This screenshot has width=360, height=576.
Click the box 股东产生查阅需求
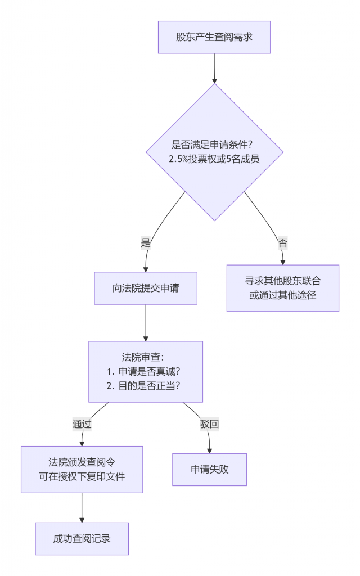coord(214,37)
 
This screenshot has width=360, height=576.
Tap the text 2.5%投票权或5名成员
coord(214,159)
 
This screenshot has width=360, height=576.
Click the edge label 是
coord(146,243)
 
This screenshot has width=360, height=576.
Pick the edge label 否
coord(282,243)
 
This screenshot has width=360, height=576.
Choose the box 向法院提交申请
coord(146,289)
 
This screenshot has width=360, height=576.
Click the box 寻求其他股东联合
coord(282,288)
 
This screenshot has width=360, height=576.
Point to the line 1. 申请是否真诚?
coord(146,371)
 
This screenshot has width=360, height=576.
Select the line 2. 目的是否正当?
coord(146,385)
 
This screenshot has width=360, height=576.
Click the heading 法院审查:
coord(146,357)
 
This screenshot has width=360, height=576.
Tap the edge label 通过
coord(82,424)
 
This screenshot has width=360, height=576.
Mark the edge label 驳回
coord(209,424)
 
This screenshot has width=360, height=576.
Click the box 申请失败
coord(209,469)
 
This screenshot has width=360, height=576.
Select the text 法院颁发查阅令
coord(82,462)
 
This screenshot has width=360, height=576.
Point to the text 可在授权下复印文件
coord(82,476)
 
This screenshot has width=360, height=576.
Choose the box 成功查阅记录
coord(82,538)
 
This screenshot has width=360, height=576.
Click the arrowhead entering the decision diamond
coord(214,80)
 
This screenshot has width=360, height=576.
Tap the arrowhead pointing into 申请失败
coord(209,450)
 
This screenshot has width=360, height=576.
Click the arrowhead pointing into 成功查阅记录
coord(82,519)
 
